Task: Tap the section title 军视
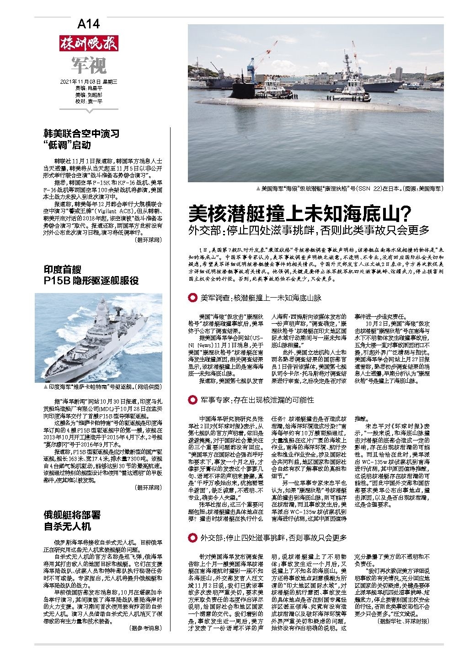click(88, 65)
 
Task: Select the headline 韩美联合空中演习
click(81, 134)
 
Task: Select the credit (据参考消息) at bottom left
click(145, 628)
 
